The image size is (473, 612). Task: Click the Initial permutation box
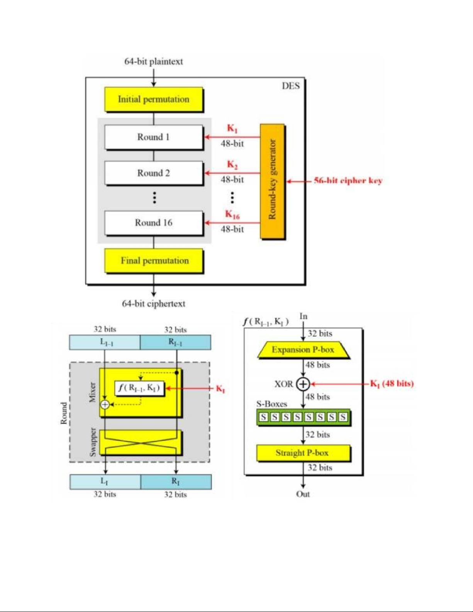point(154,99)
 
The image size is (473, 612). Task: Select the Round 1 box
point(154,137)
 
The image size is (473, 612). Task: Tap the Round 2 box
point(154,173)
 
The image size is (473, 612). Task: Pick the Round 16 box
point(154,223)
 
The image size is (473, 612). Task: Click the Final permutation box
point(154,261)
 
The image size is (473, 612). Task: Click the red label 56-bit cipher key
point(348,181)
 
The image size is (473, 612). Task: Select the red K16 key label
point(232,214)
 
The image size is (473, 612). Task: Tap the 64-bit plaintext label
point(153,61)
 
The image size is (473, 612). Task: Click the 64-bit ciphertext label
point(154,304)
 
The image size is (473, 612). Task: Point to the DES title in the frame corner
point(290,86)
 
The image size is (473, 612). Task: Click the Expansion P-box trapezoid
point(303,350)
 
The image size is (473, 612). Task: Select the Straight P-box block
point(303,453)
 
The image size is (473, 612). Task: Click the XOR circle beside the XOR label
point(303,384)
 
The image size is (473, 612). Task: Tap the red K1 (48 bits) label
point(392,383)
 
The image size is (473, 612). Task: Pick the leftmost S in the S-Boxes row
point(263,417)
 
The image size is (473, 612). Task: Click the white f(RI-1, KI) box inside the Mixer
point(139,388)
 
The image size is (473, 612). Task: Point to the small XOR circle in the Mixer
point(105,404)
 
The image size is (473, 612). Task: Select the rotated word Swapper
point(93,442)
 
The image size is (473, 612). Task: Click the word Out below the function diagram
point(303,494)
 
